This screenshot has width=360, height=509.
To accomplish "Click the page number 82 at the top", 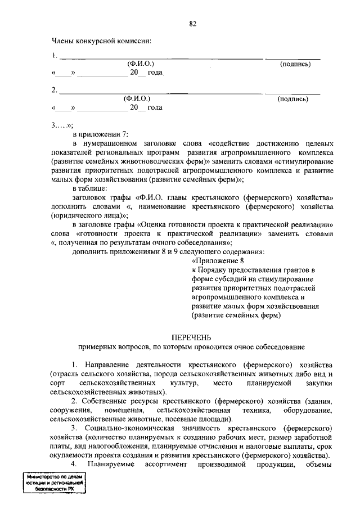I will coord(193,24).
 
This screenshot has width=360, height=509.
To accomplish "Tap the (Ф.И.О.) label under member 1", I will coord(141,65).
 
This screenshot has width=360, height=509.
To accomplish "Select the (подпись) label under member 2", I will coord(293,99).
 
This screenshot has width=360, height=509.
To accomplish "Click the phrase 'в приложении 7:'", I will coord(100,134).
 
